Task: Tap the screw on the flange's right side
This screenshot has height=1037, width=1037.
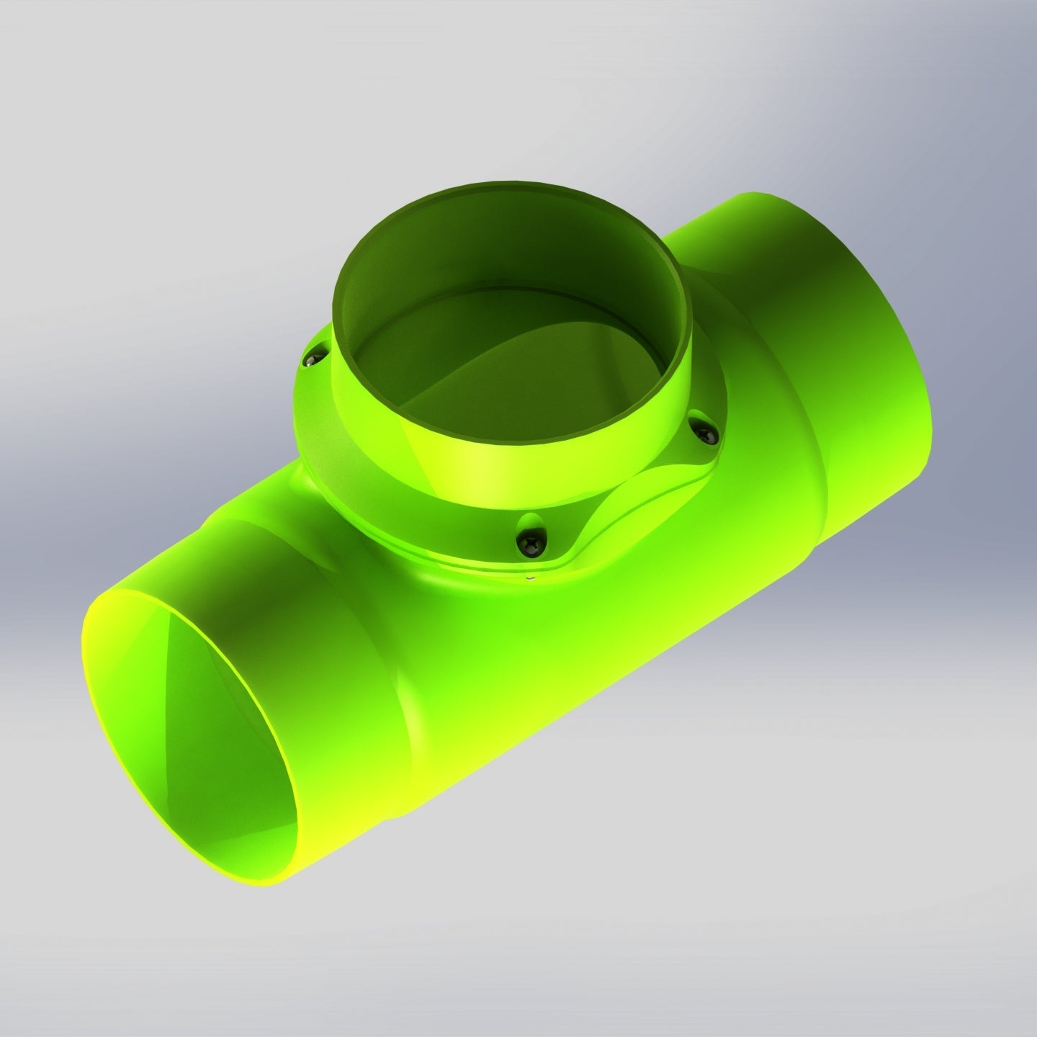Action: tap(704, 431)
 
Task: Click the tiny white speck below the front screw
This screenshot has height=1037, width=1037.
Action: tap(529, 576)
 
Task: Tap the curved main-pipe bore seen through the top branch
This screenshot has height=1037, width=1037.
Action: tap(461, 374)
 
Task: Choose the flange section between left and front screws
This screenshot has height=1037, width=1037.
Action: tap(382, 490)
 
